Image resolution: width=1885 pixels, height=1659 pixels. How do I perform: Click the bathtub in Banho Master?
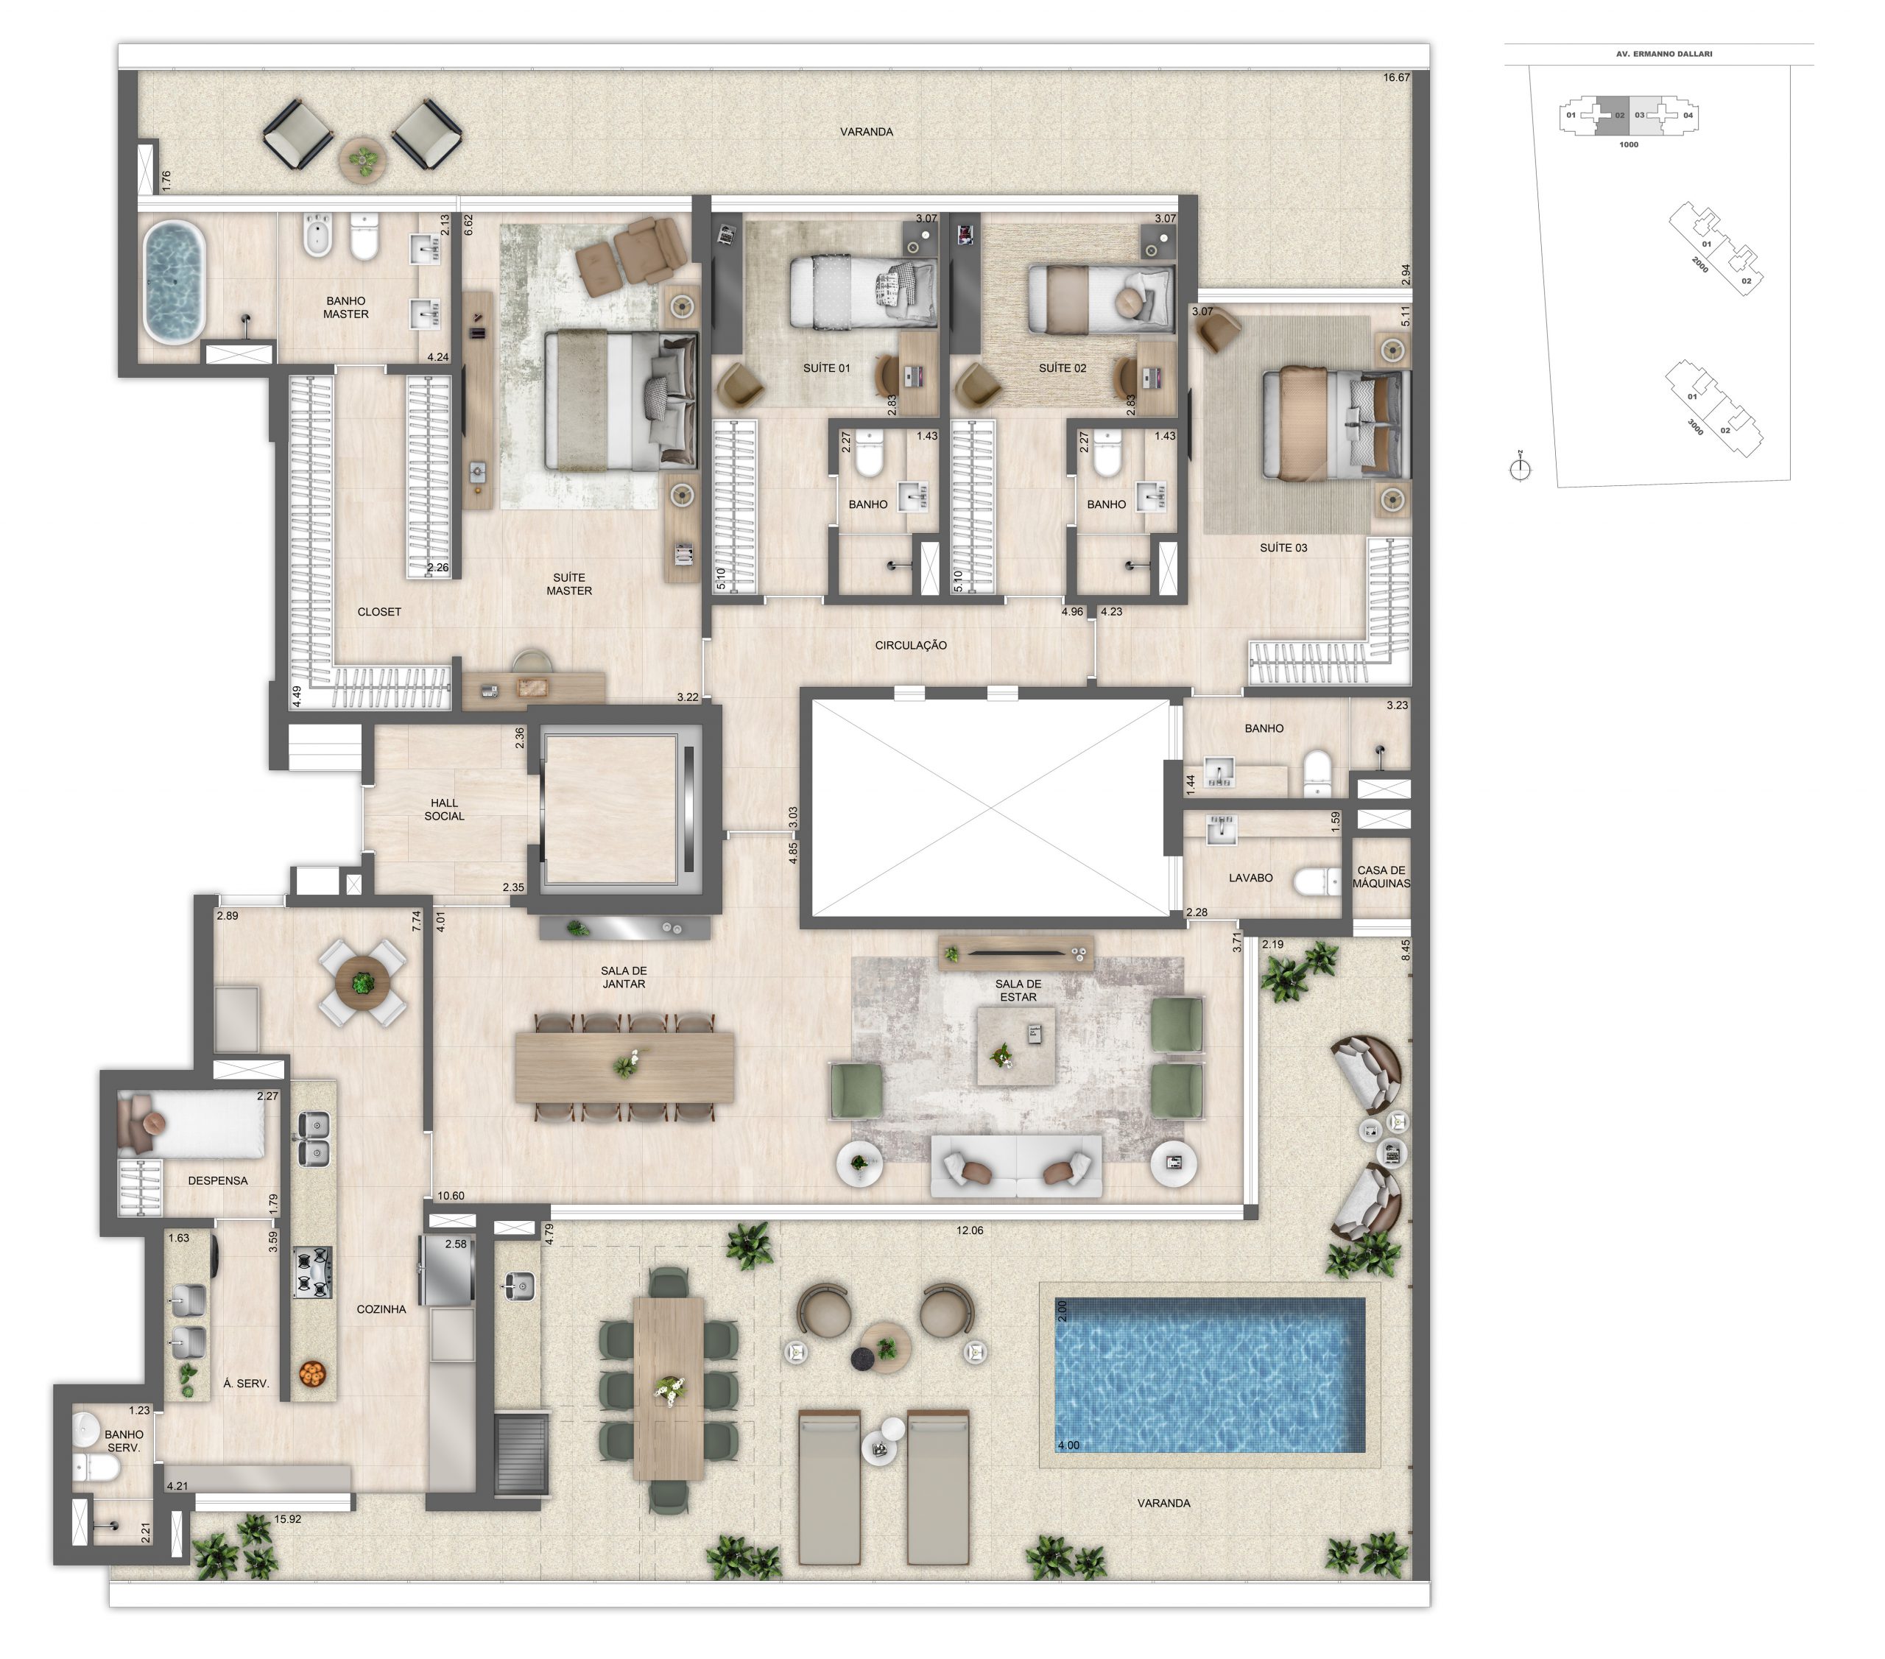click(x=175, y=281)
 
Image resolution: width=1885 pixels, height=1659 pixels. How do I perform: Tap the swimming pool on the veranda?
click(x=1209, y=1374)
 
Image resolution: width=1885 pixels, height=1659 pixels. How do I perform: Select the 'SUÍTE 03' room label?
click(x=1283, y=548)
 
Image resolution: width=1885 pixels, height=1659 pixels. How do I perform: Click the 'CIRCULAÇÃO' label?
click(x=910, y=646)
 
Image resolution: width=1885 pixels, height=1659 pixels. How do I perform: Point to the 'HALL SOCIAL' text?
click(x=445, y=810)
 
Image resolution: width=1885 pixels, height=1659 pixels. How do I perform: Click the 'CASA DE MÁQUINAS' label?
click(x=1381, y=877)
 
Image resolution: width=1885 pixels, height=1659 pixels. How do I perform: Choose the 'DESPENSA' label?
click(x=218, y=1180)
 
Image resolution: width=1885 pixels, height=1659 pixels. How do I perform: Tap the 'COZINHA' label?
click(x=381, y=1309)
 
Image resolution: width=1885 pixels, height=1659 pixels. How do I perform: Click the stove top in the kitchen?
click(x=311, y=1272)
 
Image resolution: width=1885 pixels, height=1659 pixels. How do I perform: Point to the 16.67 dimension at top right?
click(x=1396, y=77)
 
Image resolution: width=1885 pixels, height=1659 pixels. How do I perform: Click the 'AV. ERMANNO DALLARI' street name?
click(x=1663, y=54)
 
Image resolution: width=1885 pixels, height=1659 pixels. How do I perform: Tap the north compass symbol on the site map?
click(x=1520, y=468)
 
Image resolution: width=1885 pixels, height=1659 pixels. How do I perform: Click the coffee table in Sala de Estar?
click(x=1016, y=1046)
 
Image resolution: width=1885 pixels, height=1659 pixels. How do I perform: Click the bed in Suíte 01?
click(x=863, y=292)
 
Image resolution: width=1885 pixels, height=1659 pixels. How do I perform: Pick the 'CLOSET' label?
click(x=379, y=611)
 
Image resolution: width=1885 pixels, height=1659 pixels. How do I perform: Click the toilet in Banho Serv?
click(x=95, y=1468)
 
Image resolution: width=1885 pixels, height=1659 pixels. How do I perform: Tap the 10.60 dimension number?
click(x=450, y=1196)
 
